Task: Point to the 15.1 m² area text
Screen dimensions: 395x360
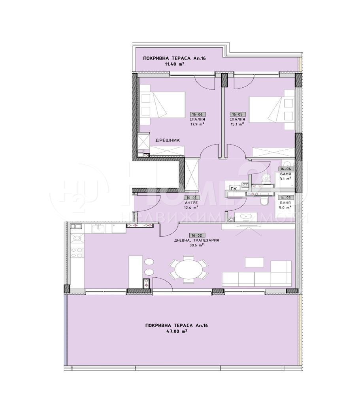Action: click(237, 124)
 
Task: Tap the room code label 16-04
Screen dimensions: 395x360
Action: click(285, 169)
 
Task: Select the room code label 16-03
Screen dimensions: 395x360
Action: click(285, 197)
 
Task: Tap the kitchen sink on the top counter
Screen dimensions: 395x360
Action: click(98, 228)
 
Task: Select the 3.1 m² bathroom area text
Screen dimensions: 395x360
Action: click(285, 178)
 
